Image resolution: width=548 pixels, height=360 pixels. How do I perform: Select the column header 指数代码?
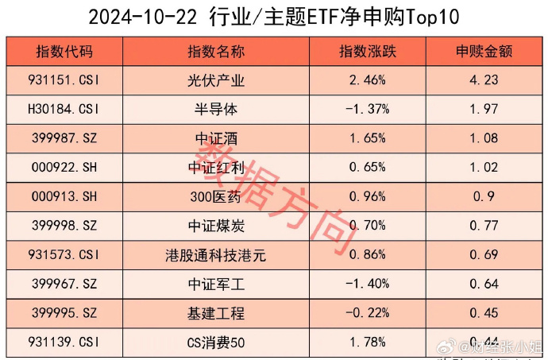64,52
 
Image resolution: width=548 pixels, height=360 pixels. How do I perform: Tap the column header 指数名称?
216,52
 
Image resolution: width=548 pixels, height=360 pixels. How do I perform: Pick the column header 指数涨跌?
367,52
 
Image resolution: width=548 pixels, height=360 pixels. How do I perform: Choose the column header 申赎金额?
484,52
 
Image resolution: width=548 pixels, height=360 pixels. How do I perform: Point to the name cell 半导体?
216,109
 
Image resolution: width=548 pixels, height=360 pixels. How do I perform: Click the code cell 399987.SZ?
64,138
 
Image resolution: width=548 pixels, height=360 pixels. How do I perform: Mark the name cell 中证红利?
216,168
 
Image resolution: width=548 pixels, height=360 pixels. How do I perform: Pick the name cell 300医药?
216,196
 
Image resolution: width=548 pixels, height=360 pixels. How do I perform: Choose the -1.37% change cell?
365,109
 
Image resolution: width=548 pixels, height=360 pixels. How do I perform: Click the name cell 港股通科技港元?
216,255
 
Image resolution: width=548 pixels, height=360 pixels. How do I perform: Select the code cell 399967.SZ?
64,284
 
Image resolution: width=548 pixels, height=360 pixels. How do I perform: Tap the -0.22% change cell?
365,313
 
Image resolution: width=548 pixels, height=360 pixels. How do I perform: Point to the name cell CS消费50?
216,342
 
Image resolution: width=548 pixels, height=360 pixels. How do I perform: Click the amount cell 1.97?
484,109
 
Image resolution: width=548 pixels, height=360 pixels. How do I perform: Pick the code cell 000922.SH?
64,168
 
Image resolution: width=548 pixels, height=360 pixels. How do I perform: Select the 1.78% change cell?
367,342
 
